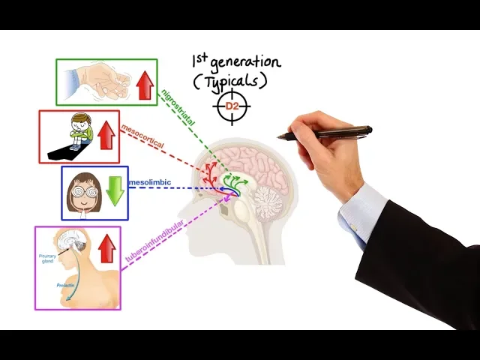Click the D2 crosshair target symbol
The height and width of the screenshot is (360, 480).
click(x=232, y=106)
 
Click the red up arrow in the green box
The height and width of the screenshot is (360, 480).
click(x=144, y=84)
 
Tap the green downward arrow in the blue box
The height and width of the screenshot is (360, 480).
click(x=114, y=190)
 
